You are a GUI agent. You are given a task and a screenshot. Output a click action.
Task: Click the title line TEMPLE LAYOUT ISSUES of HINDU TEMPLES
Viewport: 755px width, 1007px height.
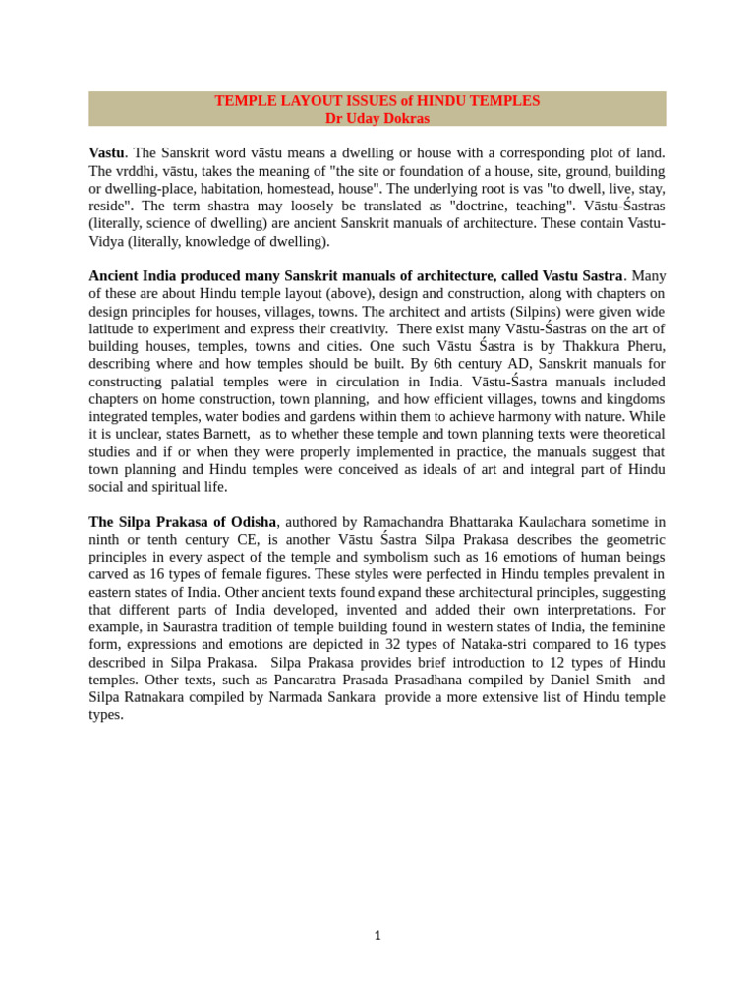pyautogui.click(x=377, y=101)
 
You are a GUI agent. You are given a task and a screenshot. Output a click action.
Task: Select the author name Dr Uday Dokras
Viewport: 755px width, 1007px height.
pyautogui.click(x=377, y=118)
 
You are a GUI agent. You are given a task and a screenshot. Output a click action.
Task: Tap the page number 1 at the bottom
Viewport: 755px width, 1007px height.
pyautogui.click(x=377, y=936)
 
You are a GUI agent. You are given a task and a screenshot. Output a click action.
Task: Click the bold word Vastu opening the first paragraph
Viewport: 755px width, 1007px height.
pyautogui.click(x=106, y=153)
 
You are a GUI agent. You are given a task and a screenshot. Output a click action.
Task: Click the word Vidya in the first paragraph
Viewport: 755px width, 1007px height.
pyautogui.click(x=106, y=242)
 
